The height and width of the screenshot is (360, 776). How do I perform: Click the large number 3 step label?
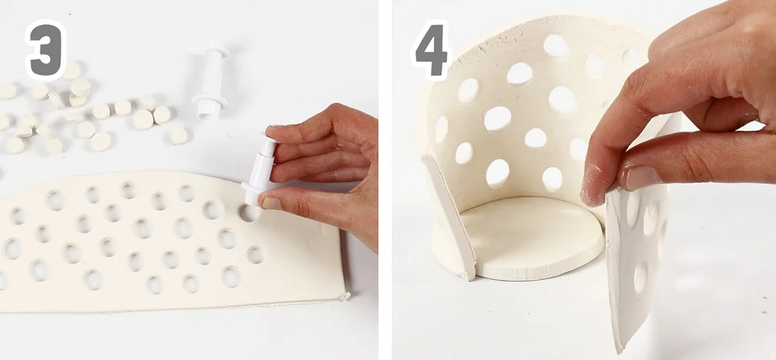[45, 50]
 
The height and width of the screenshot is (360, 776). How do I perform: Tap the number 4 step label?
[431, 50]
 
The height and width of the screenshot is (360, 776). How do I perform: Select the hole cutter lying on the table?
[211, 82]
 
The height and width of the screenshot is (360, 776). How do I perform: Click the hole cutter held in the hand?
[259, 169]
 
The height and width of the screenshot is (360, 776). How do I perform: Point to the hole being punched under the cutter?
[248, 213]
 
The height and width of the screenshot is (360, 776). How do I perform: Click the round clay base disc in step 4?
[532, 238]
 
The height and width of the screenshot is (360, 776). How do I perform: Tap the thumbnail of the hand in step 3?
[271, 202]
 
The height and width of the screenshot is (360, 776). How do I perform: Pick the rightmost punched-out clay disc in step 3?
[179, 137]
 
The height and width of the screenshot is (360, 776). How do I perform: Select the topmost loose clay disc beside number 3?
[72, 70]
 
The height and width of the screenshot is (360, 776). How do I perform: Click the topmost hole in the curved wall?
[556, 45]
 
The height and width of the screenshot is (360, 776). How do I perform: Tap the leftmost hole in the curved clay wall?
[441, 129]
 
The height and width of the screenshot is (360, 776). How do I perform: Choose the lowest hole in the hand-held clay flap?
[640, 277]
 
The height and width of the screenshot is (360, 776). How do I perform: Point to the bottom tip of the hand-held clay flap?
[617, 351]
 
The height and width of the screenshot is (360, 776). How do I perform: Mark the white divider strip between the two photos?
[385, 180]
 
